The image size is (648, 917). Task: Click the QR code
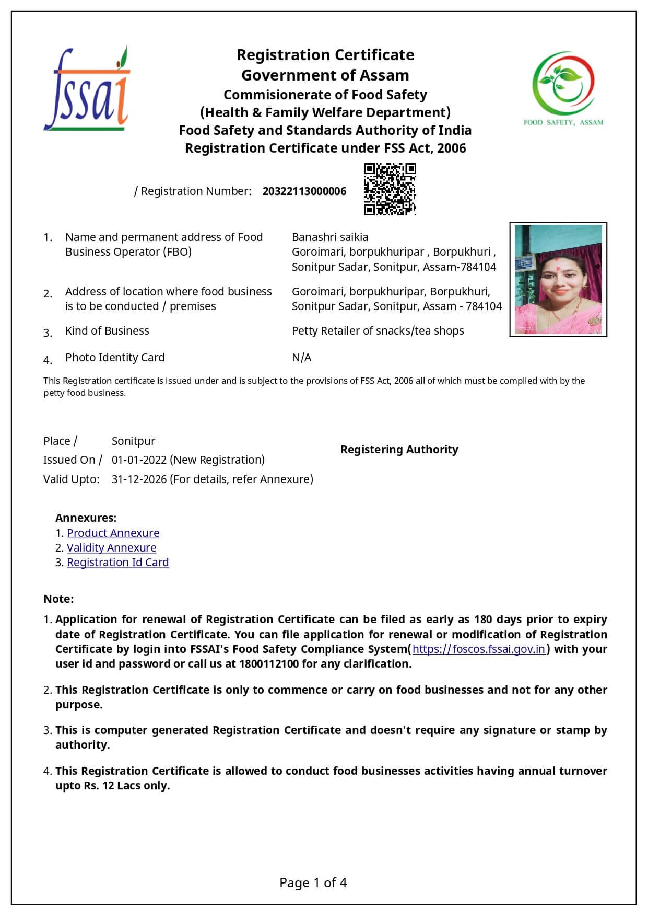click(390, 189)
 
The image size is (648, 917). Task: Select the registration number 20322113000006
click(304, 191)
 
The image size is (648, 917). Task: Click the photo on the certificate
click(558, 279)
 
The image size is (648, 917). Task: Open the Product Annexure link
click(113, 533)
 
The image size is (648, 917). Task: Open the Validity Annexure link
click(111, 548)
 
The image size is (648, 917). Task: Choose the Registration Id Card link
click(117, 563)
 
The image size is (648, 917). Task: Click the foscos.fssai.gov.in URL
click(478, 649)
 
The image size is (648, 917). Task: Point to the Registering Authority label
click(399, 450)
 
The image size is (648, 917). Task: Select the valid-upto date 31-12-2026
click(139, 479)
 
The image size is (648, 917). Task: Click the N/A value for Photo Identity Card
click(301, 358)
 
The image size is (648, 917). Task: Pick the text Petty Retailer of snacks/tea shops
click(378, 331)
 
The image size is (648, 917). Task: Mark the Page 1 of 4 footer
click(313, 883)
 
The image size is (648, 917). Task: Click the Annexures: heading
click(86, 518)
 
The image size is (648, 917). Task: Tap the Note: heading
click(58, 599)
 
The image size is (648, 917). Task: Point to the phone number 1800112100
click(269, 664)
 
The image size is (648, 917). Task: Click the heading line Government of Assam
click(325, 75)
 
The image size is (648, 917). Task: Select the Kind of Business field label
click(107, 331)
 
